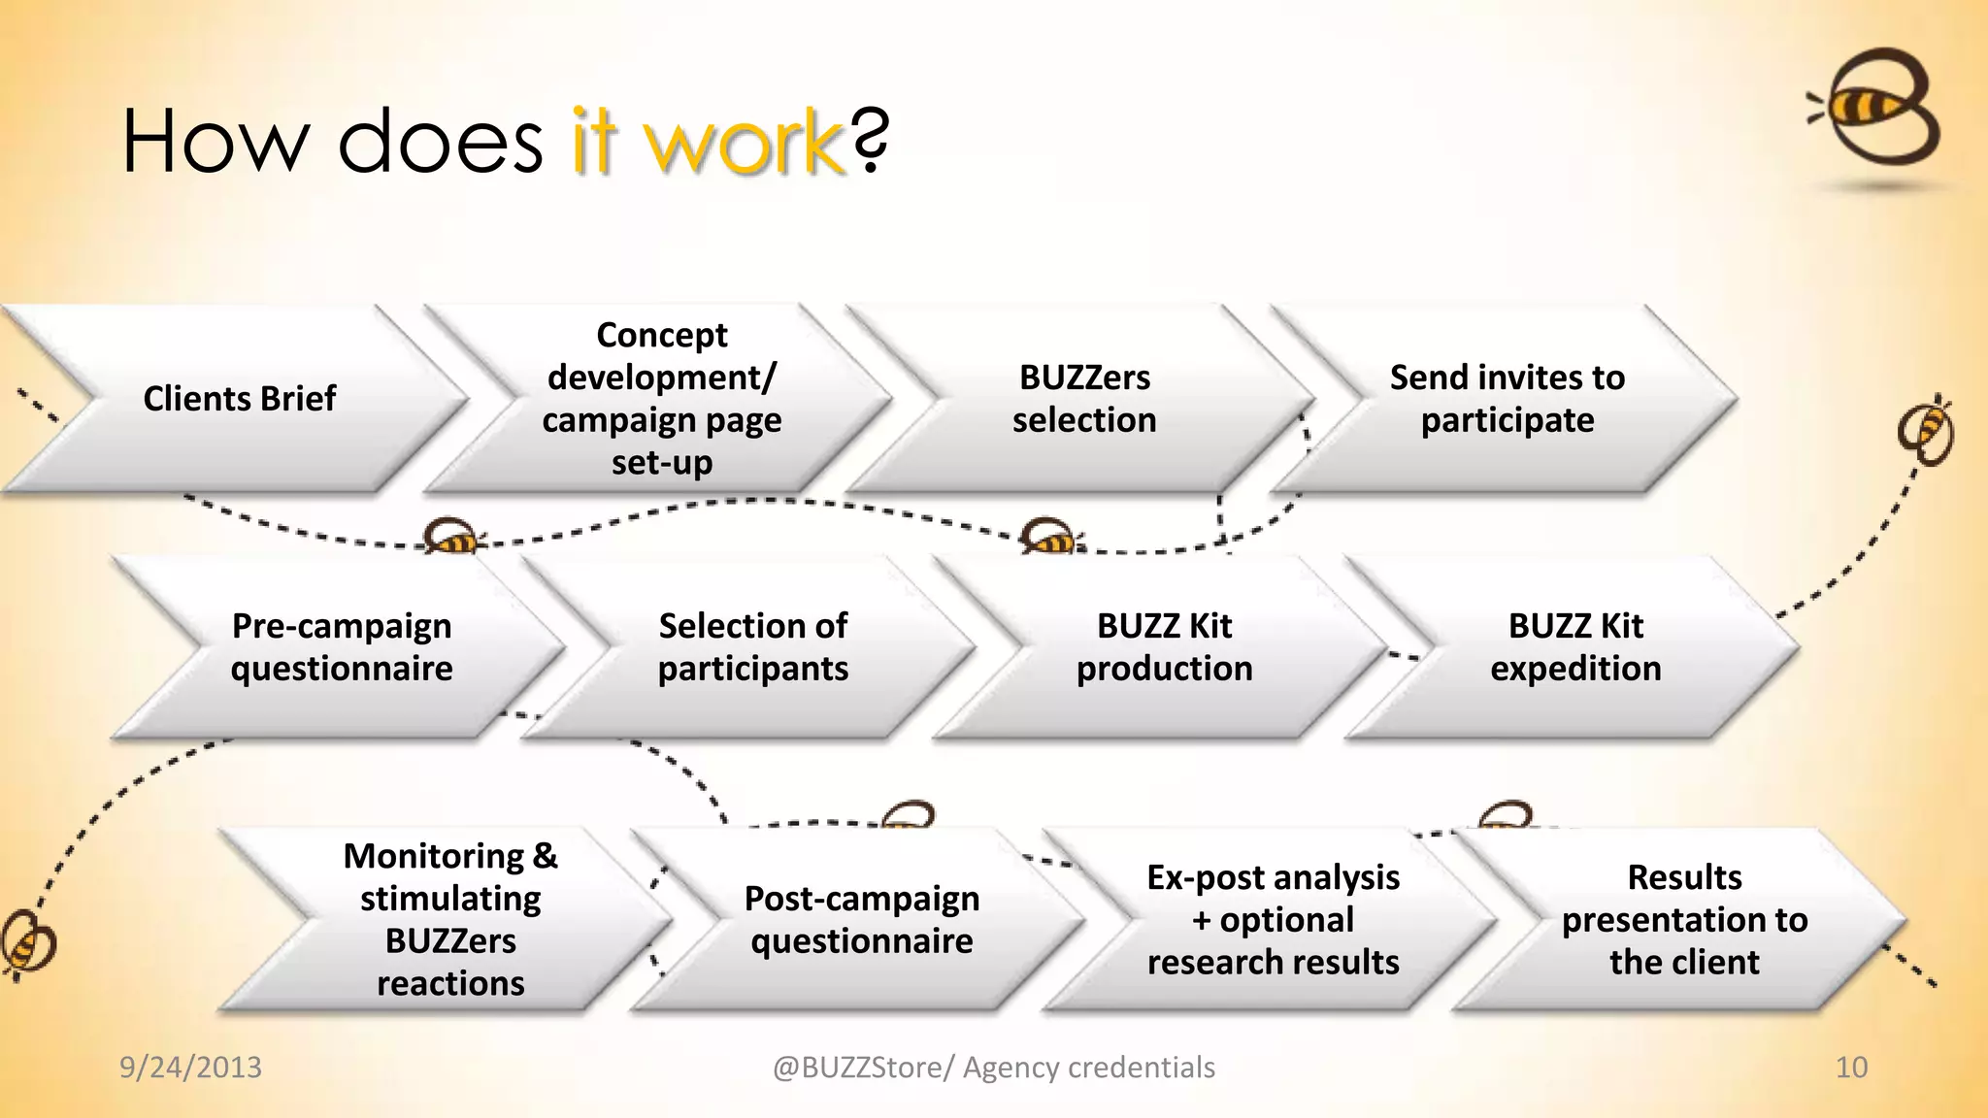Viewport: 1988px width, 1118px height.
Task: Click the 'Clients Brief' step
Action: [239, 399]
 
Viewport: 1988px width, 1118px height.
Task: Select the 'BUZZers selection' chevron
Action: [1084, 399]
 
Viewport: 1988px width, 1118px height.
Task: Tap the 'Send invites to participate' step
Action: [1507, 399]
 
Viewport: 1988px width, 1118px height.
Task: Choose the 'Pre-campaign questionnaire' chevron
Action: [342, 647]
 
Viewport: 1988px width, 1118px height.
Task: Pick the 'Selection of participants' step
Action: [753, 647]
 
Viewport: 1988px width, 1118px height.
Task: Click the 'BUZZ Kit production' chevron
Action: [1165, 647]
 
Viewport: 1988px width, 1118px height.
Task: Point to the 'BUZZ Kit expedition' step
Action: [1575, 647]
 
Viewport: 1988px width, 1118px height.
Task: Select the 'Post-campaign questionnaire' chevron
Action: [862, 920]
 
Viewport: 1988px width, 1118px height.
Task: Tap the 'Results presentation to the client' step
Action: [1684, 920]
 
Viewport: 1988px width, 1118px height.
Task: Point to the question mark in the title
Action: [871, 142]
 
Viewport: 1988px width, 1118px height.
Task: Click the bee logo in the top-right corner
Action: [1878, 109]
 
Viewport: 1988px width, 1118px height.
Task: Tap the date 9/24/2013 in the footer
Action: [190, 1068]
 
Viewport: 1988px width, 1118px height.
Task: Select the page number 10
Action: [1851, 1068]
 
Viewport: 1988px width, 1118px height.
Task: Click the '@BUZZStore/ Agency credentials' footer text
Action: [993, 1068]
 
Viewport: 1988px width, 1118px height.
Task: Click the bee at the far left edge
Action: [27, 941]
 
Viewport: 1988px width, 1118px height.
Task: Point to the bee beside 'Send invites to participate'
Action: [1928, 430]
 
